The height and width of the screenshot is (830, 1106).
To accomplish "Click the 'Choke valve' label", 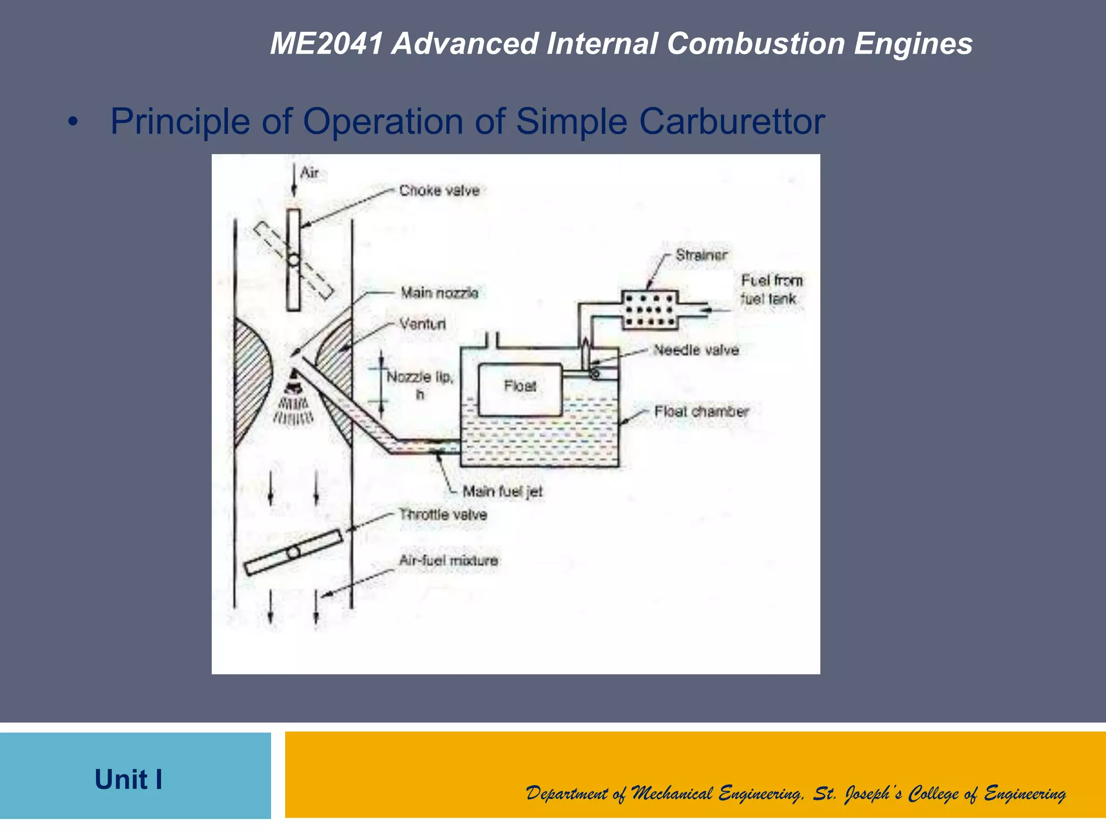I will pyautogui.click(x=439, y=191).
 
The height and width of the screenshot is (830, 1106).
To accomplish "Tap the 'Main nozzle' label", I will pyautogui.click(x=439, y=293).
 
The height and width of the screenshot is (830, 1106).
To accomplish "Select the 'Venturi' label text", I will pyautogui.click(x=422, y=324).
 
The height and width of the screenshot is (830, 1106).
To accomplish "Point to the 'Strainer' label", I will pyautogui.click(x=701, y=255).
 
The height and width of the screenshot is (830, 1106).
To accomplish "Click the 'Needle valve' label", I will pyautogui.click(x=696, y=350).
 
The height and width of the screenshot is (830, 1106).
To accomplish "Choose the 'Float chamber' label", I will pyautogui.click(x=701, y=412).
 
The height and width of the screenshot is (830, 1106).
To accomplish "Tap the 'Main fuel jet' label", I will pyautogui.click(x=502, y=492).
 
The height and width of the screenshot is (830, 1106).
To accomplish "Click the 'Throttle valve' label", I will pyautogui.click(x=443, y=514).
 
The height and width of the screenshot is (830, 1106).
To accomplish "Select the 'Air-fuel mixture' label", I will pyautogui.click(x=448, y=560).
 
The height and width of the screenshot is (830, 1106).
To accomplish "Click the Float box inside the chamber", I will pyautogui.click(x=520, y=389).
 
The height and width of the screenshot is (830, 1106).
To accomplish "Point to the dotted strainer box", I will pyautogui.click(x=650, y=310).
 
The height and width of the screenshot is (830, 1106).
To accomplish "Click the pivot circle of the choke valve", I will pyautogui.click(x=293, y=260).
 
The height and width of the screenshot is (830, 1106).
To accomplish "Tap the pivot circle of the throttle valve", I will pyautogui.click(x=293, y=553).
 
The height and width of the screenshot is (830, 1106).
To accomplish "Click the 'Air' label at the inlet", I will pyautogui.click(x=309, y=173).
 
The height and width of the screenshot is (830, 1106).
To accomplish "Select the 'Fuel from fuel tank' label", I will pyautogui.click(x=771, y=290).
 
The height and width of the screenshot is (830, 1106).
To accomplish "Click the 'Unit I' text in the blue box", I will pyautogui.click(x=129, y=779).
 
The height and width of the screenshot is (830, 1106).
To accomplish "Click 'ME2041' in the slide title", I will pyautogui.click(x=327, y=43).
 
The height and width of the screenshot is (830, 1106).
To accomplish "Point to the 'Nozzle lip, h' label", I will pyautogui.click(x=420, y=384).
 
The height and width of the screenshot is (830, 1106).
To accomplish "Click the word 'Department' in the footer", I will pyautogui.click(x=566, y=793).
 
